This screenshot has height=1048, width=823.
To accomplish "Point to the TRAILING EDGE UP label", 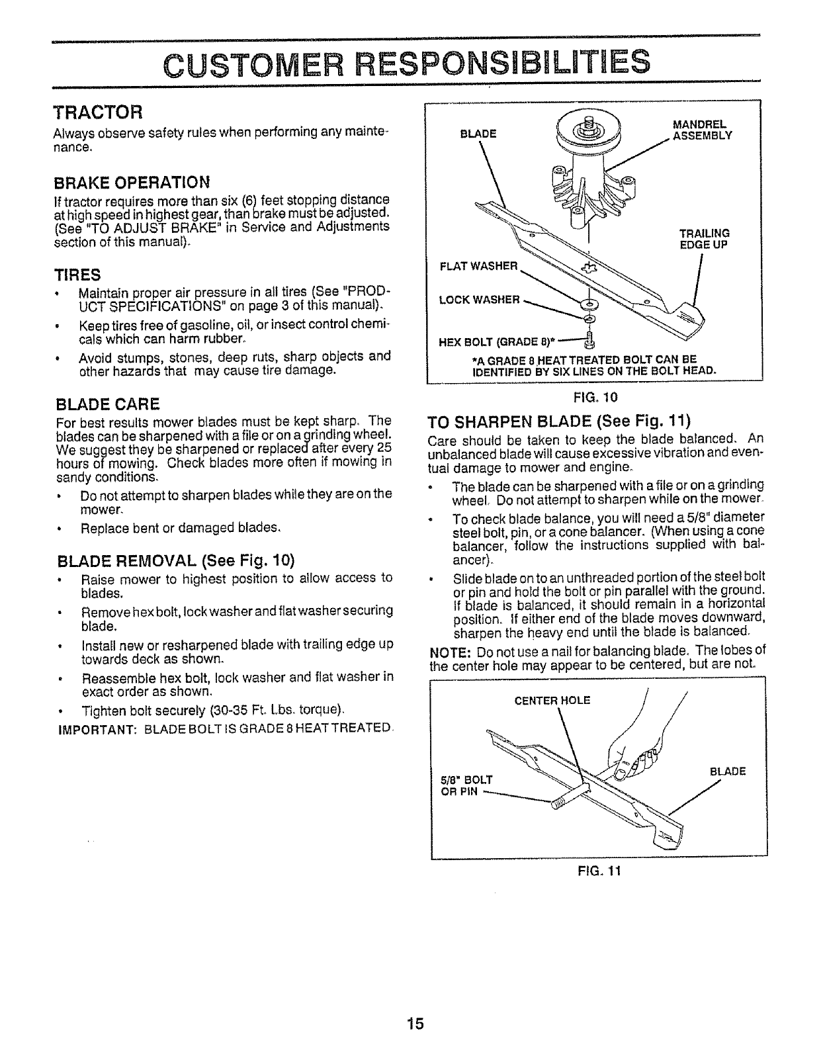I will point(705,238).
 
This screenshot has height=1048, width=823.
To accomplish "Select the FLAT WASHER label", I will point(478,267).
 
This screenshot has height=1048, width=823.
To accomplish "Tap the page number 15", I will point(415,1024).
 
